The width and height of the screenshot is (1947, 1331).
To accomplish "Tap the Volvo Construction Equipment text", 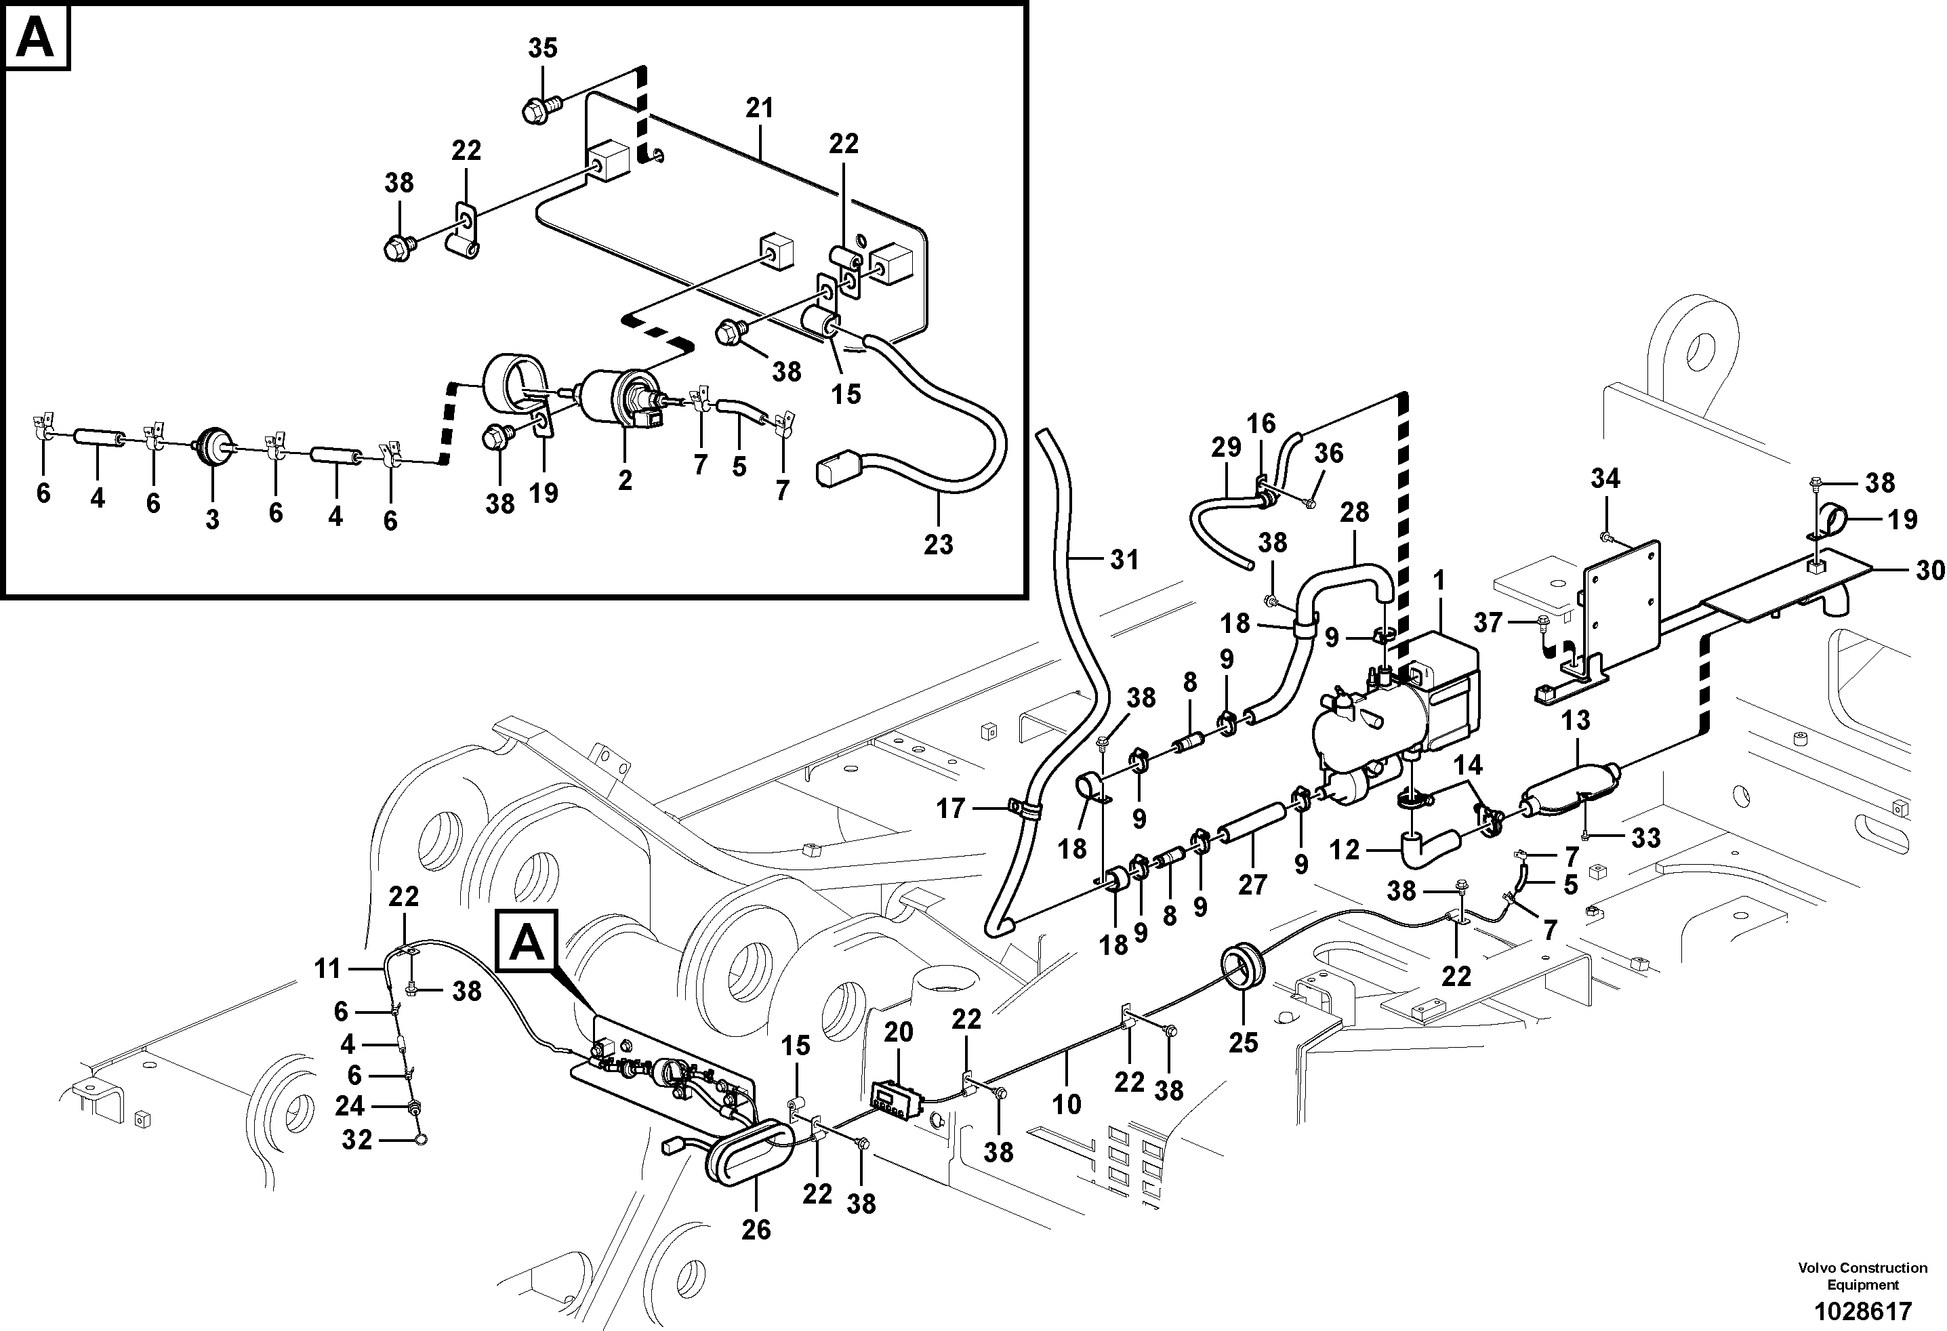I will [x=1862, y=1277].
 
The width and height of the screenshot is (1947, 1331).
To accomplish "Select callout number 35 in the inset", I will [x=542, y=49].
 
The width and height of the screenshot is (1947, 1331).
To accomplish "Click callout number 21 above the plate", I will [x=760, y=108].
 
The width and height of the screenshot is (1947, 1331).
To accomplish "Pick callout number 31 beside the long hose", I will [x=1124, y=560].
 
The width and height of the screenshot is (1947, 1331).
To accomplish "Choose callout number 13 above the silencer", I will [x=1575, y=720].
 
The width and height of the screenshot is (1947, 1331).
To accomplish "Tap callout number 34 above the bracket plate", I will [x=1605, y=479].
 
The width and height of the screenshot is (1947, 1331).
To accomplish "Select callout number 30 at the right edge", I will [x=1929, y=571].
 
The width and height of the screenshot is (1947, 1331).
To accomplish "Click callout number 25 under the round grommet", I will [x=1244, y=1042].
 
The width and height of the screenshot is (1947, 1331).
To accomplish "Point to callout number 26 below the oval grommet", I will [x=756, y=1229].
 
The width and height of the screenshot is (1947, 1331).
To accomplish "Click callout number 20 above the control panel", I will [x=898, y=1033].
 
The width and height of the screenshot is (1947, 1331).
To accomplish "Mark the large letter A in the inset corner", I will [x=36, y=39].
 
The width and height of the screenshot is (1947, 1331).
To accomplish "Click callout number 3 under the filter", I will [x=212, y=519].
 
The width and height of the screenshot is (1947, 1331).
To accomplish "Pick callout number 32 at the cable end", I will [x=357, y=1140].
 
